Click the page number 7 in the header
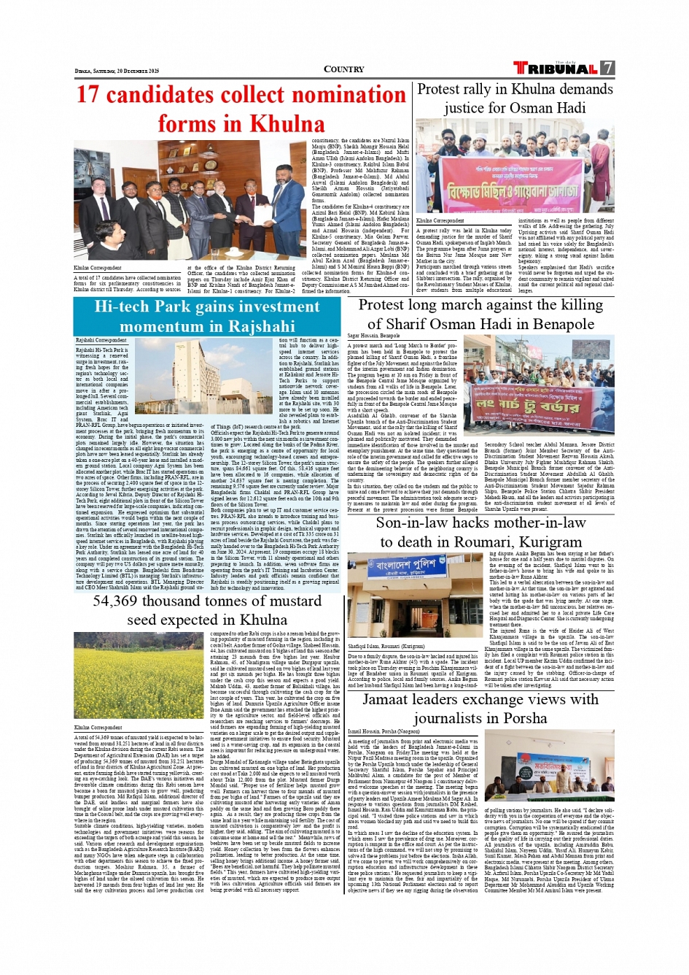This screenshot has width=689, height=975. point(607,69)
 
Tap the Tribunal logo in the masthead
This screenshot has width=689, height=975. point(555,69)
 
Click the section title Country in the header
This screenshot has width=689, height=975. point(343,69)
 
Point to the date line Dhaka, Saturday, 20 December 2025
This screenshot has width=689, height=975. point(117,71)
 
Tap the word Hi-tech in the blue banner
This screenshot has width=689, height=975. point(120,307)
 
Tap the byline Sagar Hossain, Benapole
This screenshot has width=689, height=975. point(373,336)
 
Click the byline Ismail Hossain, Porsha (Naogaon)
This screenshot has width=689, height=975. point(384,731)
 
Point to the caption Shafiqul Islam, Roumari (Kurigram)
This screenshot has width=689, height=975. point(386,646)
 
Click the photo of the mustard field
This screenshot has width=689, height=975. point(138,675)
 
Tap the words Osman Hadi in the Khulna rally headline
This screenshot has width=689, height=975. point(549,108)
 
